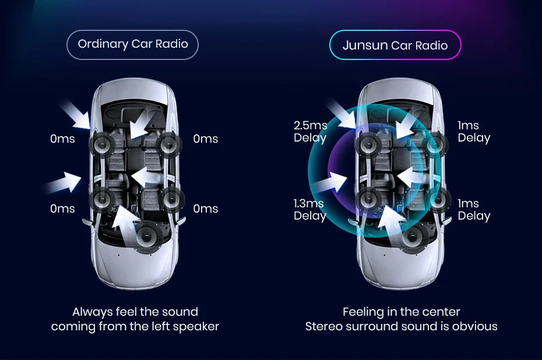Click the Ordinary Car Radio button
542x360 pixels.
pos(132,45)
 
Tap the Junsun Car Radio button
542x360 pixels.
pos(395,45)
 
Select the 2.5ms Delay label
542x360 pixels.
pos(310,132)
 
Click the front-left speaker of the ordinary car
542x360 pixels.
pos(103,144)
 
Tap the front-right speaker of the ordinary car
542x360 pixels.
pos(168,144)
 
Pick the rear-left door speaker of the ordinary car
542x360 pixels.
pos(103,200)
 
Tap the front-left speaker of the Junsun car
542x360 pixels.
pos(369,144)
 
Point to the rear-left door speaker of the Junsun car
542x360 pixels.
pos(369,200)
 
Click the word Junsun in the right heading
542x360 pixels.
pos(365,45)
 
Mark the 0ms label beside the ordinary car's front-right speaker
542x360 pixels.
pos(206,139)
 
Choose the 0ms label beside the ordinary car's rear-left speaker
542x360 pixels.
pos(62,209)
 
